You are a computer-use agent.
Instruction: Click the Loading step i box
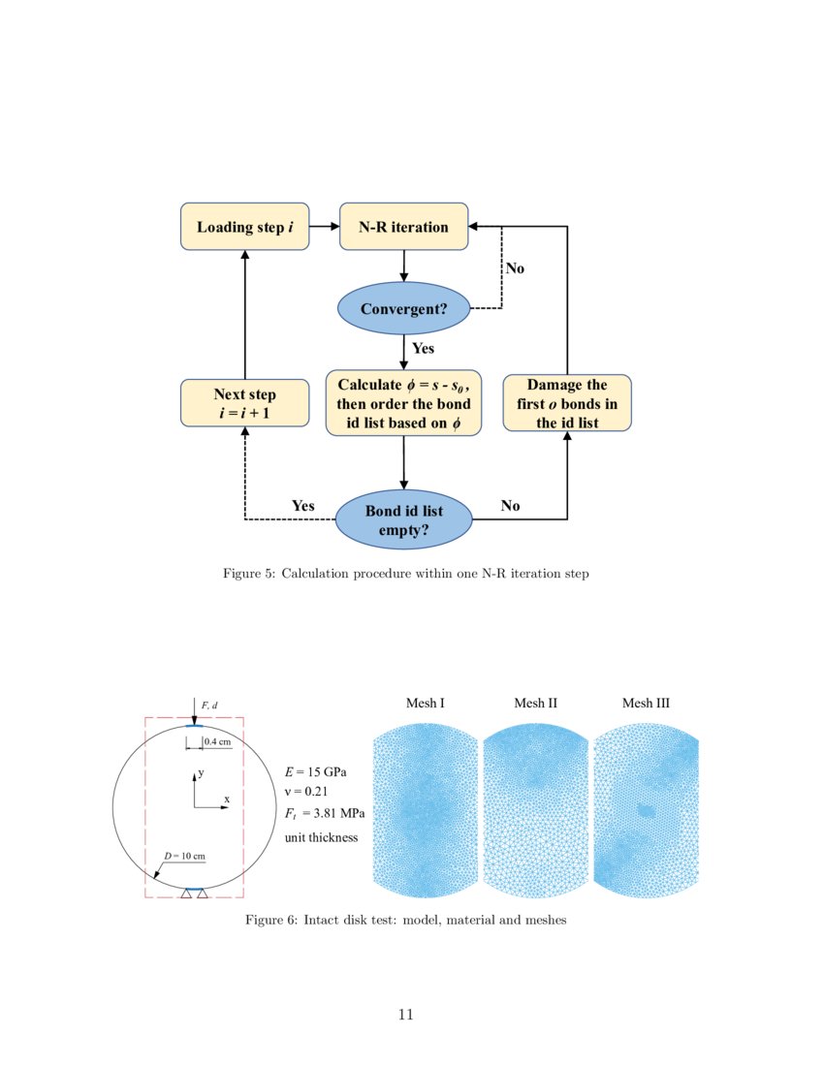pyautogui.click(x=245, y=227)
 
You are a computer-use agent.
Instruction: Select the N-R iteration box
pyautogui.click(x=403, y=227)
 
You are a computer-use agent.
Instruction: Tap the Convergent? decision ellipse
pyautogui.click(x=403, y=309)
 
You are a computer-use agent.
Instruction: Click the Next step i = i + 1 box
pyautogui.click(x=244, y=403)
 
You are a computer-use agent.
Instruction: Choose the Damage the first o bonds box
pyautogui.click(x=567, y=403)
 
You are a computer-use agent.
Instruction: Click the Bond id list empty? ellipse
pyautogui.click(x=403, y=519)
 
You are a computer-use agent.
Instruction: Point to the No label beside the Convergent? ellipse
pyautogui.click(x=515, y=268)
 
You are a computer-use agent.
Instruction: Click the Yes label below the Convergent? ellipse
pyautogui.click(x=423, y=348)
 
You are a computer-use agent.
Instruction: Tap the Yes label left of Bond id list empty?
pyautogui.click(x=303, y=506)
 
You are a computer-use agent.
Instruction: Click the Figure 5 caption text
pyautogui.click(x=406, y=574)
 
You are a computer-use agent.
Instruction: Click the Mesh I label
pyautogui.click(x=426, y=704)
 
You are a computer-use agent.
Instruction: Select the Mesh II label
pyautogui.click(x=536, y=704)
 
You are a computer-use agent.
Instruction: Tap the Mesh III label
pyautogui.click(x=646, y=704)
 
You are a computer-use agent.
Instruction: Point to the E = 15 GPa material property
pyautogui.click(x=315, y=772)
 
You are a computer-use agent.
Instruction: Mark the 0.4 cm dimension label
pyautogui.click(x=217, y=741)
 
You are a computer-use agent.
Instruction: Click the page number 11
pyautogui.click(x=406, y=1015)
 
